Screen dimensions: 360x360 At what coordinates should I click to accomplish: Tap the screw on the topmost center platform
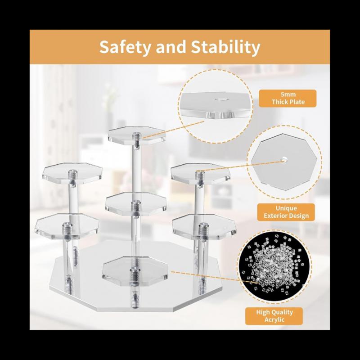tap(137, 134)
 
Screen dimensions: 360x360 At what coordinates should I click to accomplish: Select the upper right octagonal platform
tap(200, 173)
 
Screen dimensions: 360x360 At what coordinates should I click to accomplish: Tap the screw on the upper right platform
tap(199, 173)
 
